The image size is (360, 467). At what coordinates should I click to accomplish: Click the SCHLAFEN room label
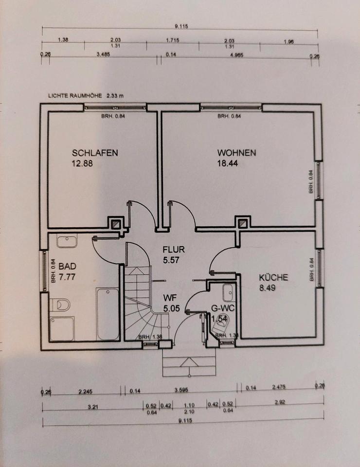click(95, 153)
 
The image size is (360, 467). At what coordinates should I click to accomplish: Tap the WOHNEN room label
click(236, 153)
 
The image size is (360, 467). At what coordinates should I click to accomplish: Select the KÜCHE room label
click(273, 277)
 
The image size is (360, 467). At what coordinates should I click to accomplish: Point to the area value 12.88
click(82, 163)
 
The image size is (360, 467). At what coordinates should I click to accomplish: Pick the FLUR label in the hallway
click(174, 250)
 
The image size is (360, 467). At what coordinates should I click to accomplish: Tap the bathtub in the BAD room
click(108, 314)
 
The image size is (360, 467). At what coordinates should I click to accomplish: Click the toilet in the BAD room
click(60, 305)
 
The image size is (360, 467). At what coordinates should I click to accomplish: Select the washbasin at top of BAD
click(67, 241)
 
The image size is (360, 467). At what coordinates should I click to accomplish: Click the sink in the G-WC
click(228, 293)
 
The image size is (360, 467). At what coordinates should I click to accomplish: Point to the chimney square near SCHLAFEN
click(115, 224)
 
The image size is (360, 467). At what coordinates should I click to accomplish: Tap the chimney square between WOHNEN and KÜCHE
click(242, 224)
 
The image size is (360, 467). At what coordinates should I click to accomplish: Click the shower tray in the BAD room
click(62, 328)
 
